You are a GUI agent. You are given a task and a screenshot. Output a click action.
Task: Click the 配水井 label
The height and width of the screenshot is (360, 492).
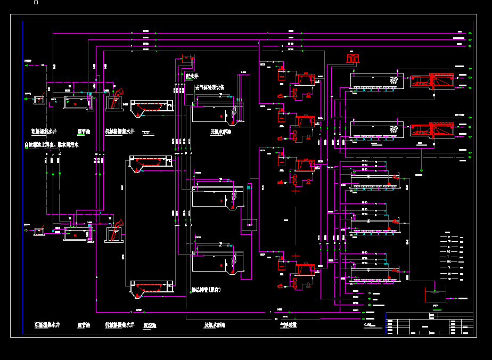tap(192, 76)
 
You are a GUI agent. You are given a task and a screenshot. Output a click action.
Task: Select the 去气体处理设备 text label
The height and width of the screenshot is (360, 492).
tap(209, 87)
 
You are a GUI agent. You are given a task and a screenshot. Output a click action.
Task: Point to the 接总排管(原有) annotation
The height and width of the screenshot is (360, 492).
tap(206, 290)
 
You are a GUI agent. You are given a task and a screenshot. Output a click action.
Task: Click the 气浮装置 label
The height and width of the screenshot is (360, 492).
tap(288, 324)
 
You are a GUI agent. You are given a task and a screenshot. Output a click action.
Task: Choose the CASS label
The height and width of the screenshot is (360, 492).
tap(368, 324)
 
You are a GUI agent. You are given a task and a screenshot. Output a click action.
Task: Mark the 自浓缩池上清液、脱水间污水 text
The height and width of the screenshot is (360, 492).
tap(51, 145)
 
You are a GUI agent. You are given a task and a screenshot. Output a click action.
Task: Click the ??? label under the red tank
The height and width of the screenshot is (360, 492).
tap(435, 306)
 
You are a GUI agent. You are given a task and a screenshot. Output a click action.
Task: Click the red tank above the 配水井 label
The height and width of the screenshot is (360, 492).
tap(187, 59)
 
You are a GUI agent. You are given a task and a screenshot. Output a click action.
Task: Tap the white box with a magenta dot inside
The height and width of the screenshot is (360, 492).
tap(248, 224)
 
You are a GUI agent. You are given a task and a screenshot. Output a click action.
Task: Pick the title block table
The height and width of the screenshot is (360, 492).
tap(429, 324)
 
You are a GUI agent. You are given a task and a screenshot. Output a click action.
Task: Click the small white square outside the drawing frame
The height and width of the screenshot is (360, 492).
tap(36, 3)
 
